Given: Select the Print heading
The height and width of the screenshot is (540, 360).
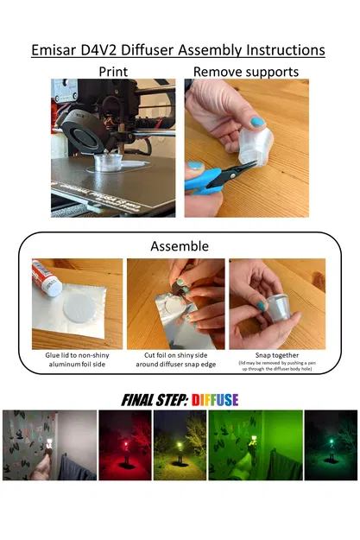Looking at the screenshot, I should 113,71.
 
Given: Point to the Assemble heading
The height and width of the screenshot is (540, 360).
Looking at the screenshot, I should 180,246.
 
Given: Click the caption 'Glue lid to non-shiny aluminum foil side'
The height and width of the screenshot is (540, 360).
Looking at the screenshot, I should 76,358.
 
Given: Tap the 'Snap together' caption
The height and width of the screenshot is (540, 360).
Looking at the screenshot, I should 276,354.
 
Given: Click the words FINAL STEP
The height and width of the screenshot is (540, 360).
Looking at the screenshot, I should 155,399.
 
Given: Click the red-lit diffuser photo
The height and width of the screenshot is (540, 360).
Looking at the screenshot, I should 124,445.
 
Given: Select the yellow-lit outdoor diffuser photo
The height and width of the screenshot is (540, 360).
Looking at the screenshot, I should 180,445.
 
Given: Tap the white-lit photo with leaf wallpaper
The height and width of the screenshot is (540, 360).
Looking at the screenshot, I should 49,445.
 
